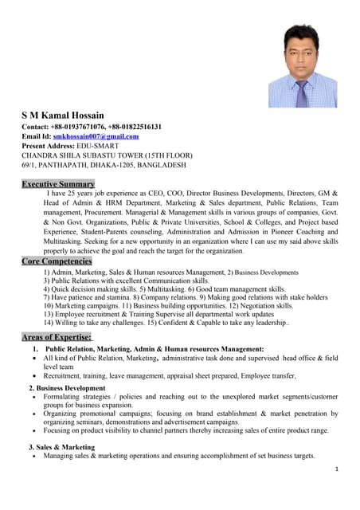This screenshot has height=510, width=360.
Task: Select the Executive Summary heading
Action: pyautogui.click(x=57, y=184)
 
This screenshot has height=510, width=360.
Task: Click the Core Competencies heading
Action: pyautogui.click(x=57, y=261)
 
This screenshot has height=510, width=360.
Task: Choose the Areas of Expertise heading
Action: pyautogui.click(x=57, y=337)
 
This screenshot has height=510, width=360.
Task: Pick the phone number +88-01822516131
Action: pyautogui.click(x=134, y=126)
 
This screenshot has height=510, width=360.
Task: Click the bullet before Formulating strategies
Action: pyautogui.click(x=32, y=396)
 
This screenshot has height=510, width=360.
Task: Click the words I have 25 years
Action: pyautogui.click(x=72, y=194)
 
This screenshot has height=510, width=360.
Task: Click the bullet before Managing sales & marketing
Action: pyautogui.click(x=32, y=456)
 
